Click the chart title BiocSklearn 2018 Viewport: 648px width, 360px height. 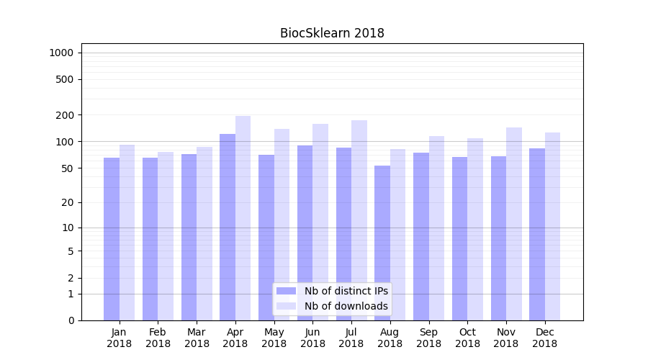(332, 33)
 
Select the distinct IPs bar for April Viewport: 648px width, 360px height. (228, 227)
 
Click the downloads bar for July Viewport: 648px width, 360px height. (359, 220)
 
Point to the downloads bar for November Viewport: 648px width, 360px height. (514, 224)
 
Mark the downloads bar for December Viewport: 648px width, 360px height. (553, 226)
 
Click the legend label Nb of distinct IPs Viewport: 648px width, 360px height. (346, 291)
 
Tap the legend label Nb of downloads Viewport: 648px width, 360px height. (346, 306)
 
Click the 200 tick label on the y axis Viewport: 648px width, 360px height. (65, 115)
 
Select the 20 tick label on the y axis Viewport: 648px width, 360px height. (68, 202)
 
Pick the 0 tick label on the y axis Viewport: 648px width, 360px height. (71, 320)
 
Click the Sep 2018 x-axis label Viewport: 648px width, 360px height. (428, 338)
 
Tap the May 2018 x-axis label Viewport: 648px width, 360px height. (274, 338)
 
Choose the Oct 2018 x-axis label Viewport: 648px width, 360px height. (467, 338)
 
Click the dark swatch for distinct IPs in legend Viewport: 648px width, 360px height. (286, 291)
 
